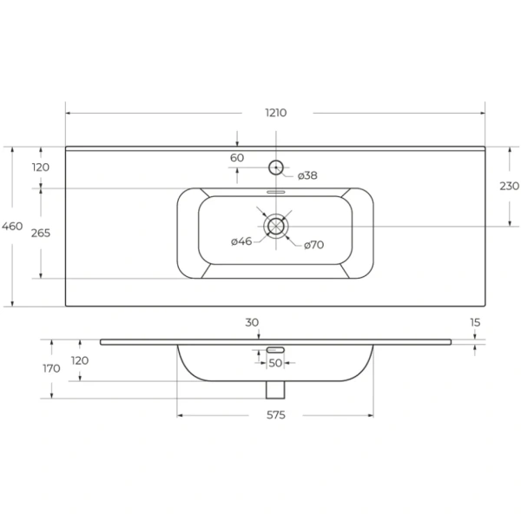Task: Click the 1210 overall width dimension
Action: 276,113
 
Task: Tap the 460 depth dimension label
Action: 12,227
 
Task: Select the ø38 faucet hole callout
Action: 307,175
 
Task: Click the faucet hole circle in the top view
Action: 276,167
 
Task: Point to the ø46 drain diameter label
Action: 241,241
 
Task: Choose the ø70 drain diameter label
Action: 314,245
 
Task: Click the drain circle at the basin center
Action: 276,226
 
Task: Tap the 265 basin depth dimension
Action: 41,234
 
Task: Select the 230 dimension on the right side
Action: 510,186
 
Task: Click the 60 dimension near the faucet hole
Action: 237,158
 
